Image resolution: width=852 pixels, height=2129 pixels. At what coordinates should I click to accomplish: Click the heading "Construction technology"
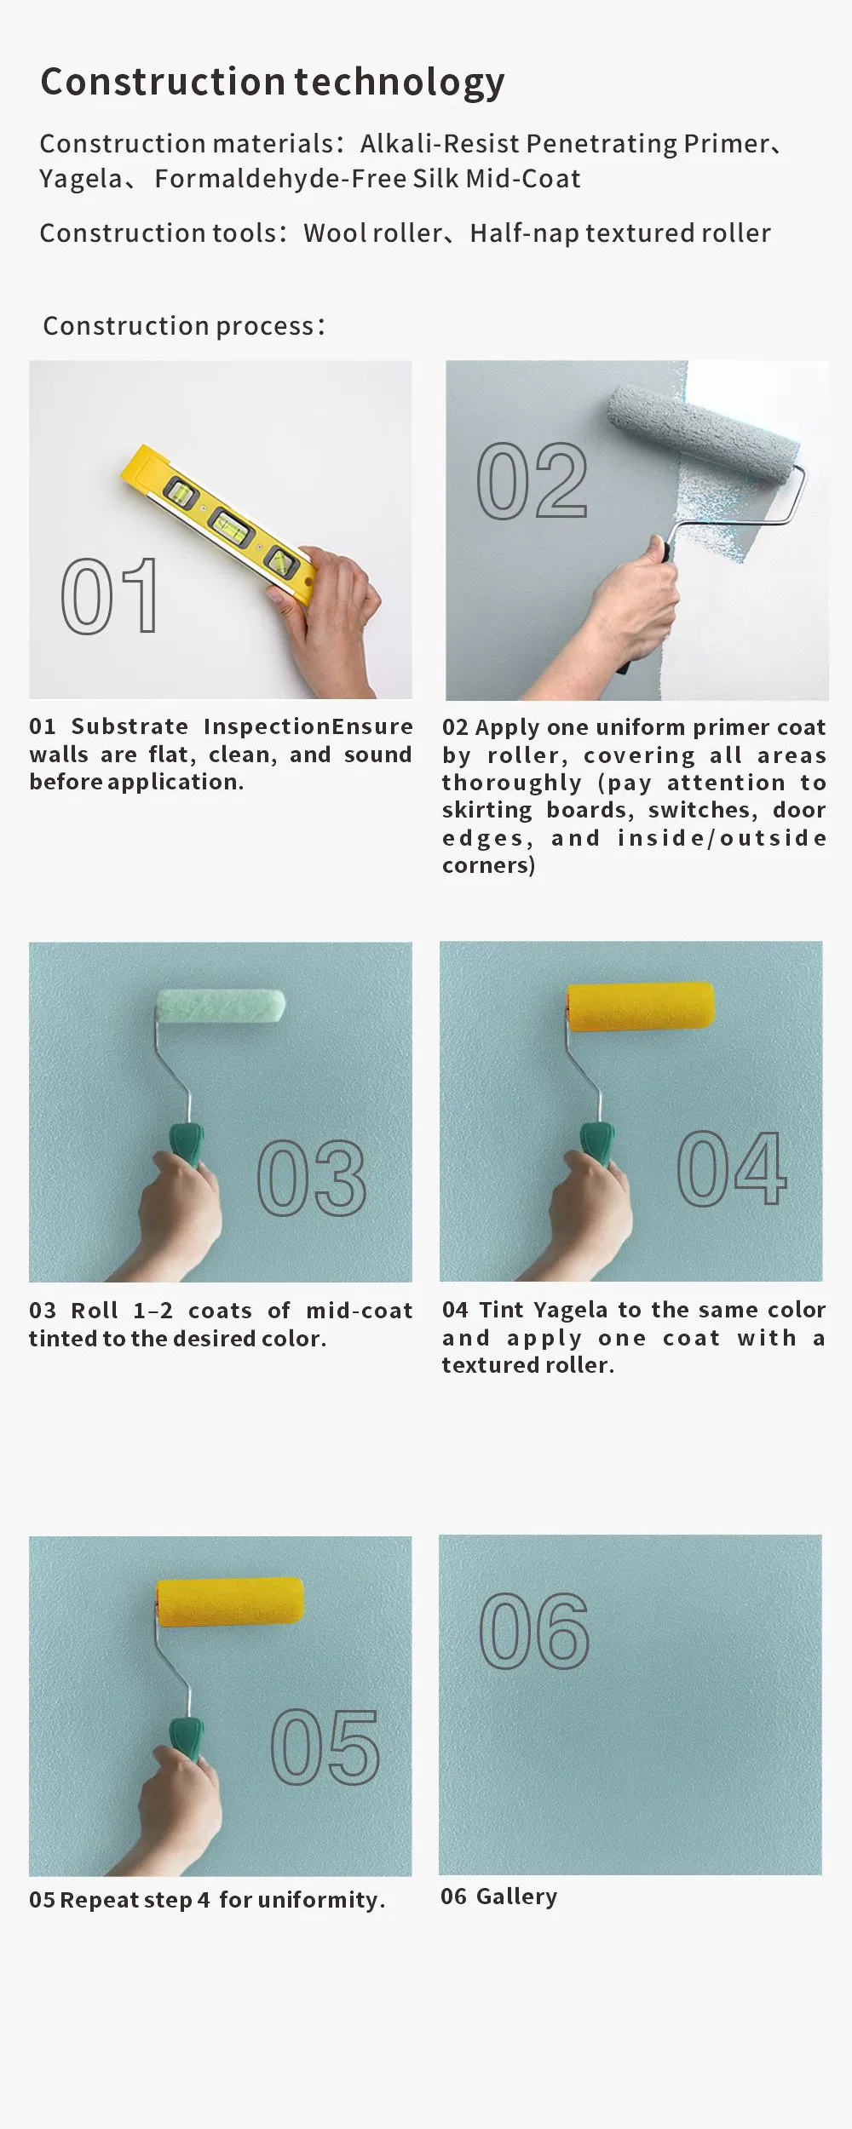[x=272, y=82]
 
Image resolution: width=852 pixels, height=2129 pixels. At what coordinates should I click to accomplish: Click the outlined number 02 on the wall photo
[x=532, y=481]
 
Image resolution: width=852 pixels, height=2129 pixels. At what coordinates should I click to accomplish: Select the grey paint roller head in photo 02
[x=704, y=433]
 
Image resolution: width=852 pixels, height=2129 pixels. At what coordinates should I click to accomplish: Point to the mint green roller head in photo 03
[x=220, y=1005]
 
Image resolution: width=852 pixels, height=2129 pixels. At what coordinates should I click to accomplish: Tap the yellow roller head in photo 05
[x=230, y=1602]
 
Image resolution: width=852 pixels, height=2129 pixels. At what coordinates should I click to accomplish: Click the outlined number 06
[x=534, y=1631]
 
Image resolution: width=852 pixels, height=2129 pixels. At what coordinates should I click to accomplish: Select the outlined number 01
[x=110, y=596]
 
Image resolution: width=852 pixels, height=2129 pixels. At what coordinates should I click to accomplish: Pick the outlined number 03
[x=312, y=1179]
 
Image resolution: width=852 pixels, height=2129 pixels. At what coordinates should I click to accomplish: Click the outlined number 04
[x=732, y=1168]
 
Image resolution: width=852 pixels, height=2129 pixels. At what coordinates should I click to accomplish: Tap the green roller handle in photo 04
[x=597, y=1143]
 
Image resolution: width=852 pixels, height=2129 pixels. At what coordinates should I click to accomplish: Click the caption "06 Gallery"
[x=499, y=1897]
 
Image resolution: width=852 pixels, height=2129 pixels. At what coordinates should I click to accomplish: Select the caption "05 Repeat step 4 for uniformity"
[x=206, y=1900]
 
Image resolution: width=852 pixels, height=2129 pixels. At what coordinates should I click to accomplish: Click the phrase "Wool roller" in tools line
[x=373, y=233]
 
